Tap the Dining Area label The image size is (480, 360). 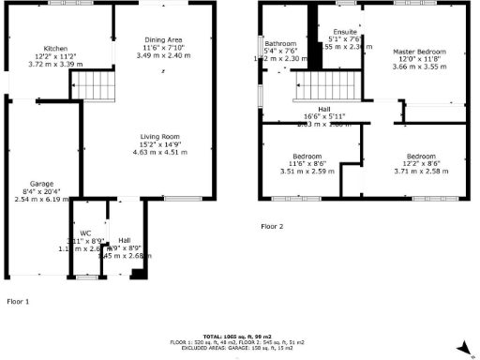[x=163, y=37]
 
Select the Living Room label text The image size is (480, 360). [x=163, y=138]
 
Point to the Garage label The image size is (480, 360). [x=40, y=183]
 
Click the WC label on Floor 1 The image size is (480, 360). [x=85, y=232]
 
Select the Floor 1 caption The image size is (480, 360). [x=19, y=302]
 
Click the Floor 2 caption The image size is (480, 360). [x=272, y=226]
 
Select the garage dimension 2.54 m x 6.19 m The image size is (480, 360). [x=40, y=200]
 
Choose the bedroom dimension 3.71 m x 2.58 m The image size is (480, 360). [x=420, y=172]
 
